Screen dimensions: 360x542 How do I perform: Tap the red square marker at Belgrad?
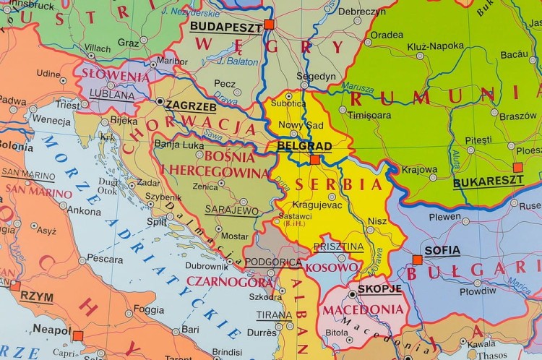(x=314, y=160)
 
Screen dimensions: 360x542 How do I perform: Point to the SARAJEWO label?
(x=231, y=210)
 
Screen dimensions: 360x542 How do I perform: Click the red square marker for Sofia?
(x=417, y=260)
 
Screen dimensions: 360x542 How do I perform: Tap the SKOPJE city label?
(x=379, y=288)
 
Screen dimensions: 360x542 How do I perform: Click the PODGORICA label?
(x=273, y=262)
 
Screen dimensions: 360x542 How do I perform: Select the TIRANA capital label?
(x=274, y=315)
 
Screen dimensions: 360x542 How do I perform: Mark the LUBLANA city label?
(x=111, y=94)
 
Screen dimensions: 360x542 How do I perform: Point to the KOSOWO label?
(x=327, y=267)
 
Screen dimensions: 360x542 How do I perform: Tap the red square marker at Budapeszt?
(x=269, y=24)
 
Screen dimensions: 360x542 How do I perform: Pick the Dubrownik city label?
(x=207, y=265)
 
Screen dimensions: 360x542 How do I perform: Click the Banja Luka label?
(x=177, y=143)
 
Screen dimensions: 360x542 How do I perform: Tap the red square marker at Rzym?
(x=15, y=286)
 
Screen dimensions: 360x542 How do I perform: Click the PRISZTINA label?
(x=338, y=247)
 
